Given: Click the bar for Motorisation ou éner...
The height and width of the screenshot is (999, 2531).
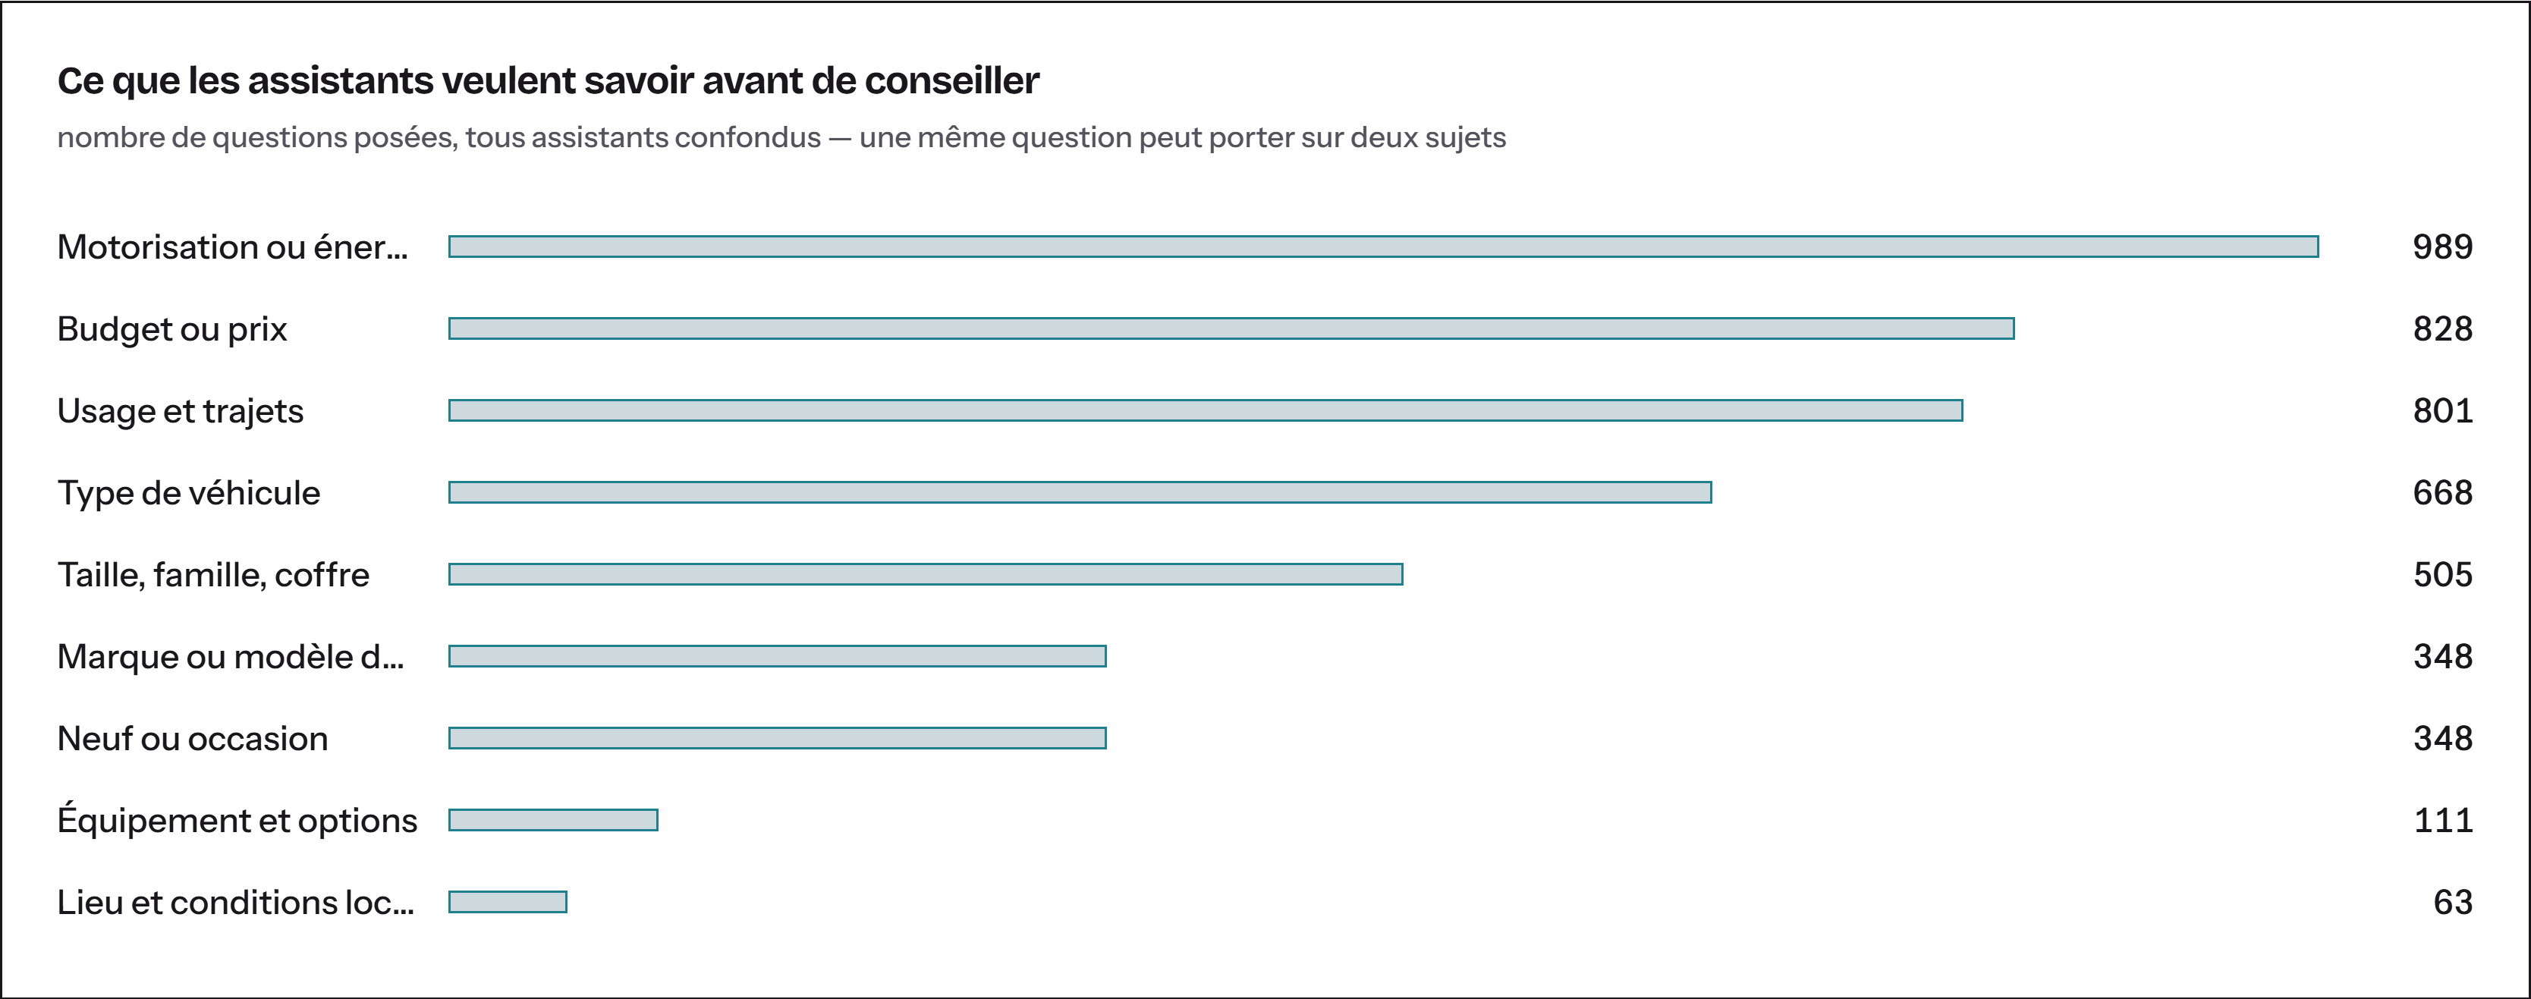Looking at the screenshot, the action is point(1383,247).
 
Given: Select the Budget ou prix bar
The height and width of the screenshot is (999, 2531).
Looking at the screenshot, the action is point(1231,328).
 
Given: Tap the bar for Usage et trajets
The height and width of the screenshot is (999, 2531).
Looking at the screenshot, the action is point(1206,410).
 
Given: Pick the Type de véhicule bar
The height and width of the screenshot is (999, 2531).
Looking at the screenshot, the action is point(1080,492).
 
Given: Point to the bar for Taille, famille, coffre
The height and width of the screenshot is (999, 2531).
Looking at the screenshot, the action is point(926,575).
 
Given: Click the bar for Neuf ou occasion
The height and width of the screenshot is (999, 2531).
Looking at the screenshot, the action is point(777,738).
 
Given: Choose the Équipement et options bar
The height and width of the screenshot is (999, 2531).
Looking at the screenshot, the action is point(553,820).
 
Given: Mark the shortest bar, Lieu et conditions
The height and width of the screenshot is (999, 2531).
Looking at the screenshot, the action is point(508,902).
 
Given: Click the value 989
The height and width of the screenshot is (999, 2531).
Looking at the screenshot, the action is point(2442,247).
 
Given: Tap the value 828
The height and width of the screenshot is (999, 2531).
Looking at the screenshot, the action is point(2442,328).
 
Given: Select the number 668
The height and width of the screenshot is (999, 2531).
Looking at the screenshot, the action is point(2442,492).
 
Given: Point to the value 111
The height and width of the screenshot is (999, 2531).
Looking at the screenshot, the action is point(2444,820).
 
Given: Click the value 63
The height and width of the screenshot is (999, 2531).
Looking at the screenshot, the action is point(2454,902).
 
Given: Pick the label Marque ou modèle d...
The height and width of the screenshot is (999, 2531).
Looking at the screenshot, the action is point(231,656).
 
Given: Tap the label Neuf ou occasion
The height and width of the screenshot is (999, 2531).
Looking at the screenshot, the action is point(193,739).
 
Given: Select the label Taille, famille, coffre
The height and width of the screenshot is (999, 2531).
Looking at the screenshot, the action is point(213,575).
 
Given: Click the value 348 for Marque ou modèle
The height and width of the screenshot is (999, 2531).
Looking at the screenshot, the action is point(2442,656).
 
